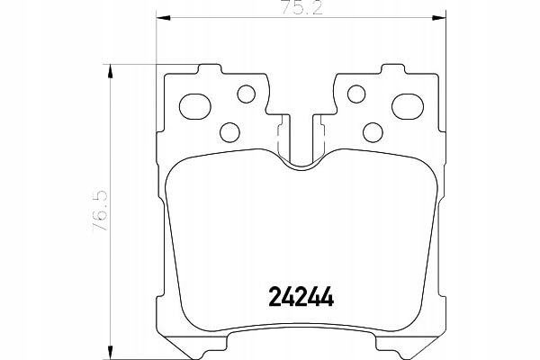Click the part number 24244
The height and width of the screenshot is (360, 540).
pyautogui.click(x=301, y=297)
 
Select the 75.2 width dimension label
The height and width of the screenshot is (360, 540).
pyautogui.click(x=301, y=8)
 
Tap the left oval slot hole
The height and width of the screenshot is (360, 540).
pyautogui.click(x=195, y=106)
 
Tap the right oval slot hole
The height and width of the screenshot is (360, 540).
pyautogui.click(x=408, y=106)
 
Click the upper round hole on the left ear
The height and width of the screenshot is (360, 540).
pyautogui.click(x=247, y=94)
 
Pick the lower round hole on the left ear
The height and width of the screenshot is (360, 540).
pyautogui.click(x=229, y=132)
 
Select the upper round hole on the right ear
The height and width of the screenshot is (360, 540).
pyautogui.click(x=356, y=94)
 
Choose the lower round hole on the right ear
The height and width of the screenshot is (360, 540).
pyautogui.click(x=373, y=132)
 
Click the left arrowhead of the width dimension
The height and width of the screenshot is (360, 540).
pyautogui.click(x=163, y=18)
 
